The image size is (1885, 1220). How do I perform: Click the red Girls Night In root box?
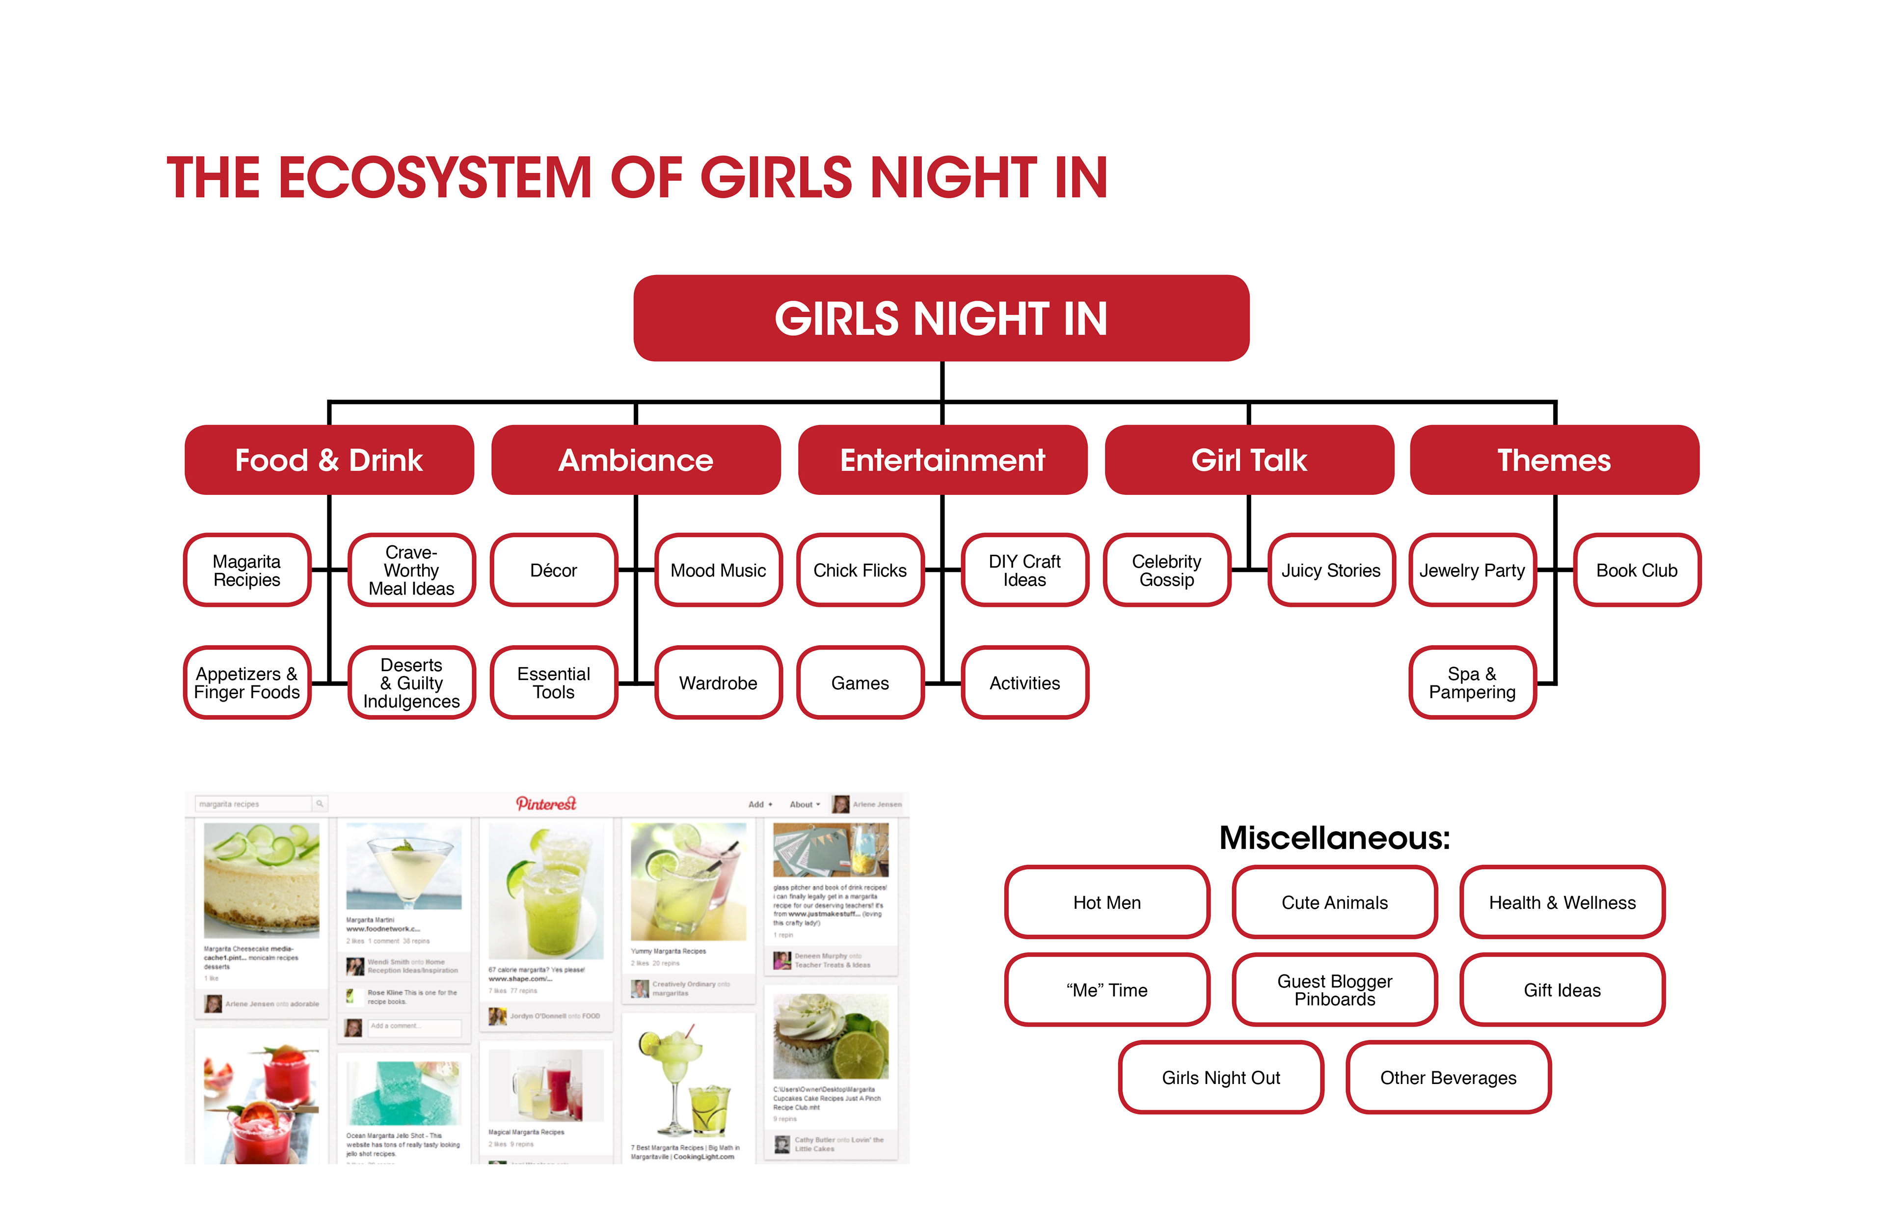point(941,319)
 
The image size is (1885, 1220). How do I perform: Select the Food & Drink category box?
point(329,461)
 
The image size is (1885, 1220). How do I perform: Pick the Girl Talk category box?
point(1248,461)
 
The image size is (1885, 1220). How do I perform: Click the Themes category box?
point(1554,461)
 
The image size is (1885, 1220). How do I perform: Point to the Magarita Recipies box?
point(246,570)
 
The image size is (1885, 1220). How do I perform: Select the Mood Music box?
point(718,570)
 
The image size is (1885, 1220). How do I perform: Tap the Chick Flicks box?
point(860,570)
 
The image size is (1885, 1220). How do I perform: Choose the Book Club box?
point(1636,570)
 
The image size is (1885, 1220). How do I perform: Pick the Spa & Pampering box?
point(1472,683)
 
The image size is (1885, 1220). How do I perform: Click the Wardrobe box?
point(718,683)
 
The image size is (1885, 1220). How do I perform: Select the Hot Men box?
point(1106,902)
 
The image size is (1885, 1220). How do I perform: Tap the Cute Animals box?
point(1335,902)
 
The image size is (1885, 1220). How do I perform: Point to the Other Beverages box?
point(1448,1078)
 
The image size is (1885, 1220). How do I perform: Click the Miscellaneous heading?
point(1335,838)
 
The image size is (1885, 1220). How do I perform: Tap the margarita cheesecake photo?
point(261,879)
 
